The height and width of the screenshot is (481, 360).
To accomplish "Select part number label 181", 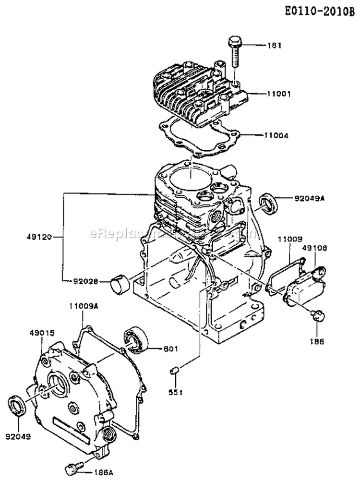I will point(275,46).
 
